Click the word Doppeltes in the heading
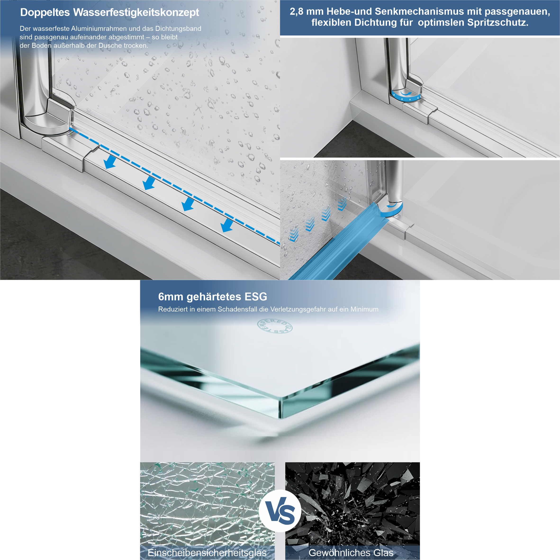pos(45,13)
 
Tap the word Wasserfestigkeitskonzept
pos(136,13)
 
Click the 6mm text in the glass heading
pos(171,297)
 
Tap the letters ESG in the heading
pos(256,297)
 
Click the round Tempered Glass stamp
pos(275,326)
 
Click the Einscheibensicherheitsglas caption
pos(207,552)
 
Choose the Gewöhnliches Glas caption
pos(351,552)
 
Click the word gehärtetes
pos(214,297)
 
